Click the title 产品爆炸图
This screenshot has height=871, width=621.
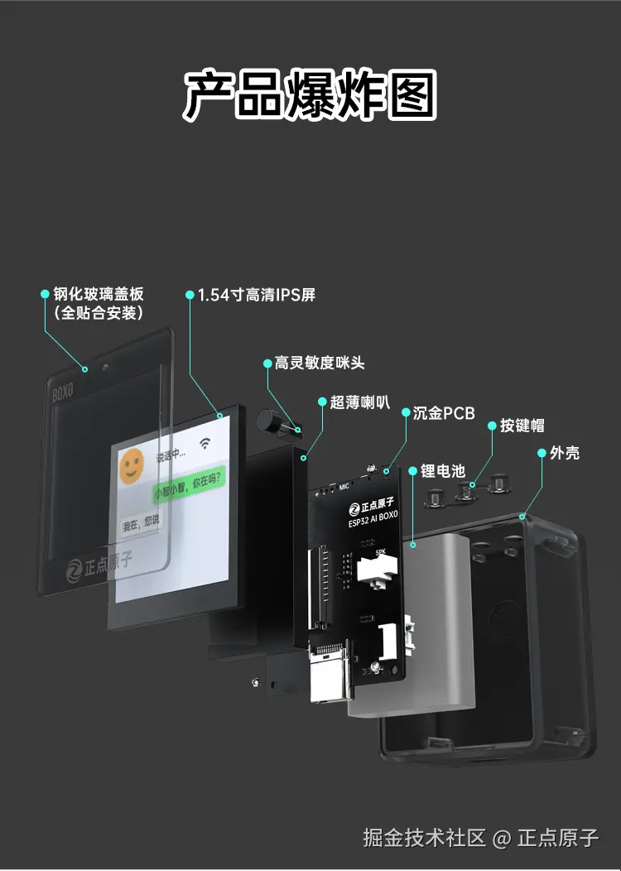pyautogui.click(x=310, y=94)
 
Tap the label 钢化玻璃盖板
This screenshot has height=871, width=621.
pyautogui.click(x=99, y=294)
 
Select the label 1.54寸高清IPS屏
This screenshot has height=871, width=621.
pyautogui.click(x=256, y=295)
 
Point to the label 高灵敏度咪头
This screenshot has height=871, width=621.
pyautogui.click(x=320, y=363)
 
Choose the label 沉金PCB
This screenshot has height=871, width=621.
pyautogui.click(x=444, y=412)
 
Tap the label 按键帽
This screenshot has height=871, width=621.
pyautogui.click(x=522, y=426)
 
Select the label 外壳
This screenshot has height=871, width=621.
pyautogui.click(x=565, y=453)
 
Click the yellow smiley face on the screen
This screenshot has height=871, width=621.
pyautogui.click(x=132, y=468)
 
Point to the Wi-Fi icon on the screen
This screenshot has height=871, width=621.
pyautogui.click(x=204, y=443)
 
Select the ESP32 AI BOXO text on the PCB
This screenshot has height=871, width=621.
pyautogui.click(x=373, y=518)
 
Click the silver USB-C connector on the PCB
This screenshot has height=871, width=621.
pyautogui.click(x=329, y=676)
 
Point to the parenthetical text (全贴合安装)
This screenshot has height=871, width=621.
pyautogui.click(x=99, y=313)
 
